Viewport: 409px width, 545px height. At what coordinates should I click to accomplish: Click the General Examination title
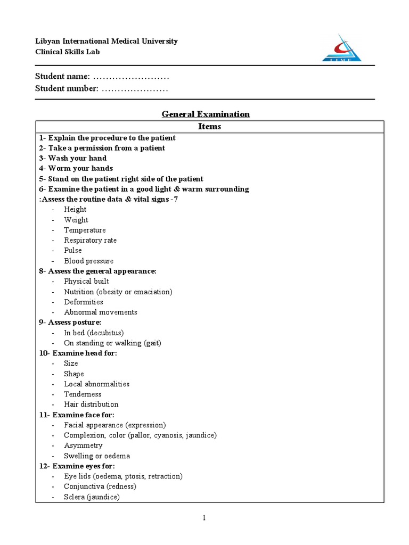206,114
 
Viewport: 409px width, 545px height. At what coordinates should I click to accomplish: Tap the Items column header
209,127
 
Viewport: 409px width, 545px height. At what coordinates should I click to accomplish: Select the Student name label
62,77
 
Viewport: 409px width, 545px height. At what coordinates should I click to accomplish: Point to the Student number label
67,88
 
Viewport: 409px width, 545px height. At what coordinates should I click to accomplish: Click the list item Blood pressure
88,261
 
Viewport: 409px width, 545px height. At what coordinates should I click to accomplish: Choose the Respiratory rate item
90,240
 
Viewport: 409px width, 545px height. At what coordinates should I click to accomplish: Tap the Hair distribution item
91,404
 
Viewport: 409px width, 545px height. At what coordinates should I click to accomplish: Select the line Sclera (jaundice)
92,497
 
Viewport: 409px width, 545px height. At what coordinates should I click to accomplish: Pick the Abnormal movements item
100,312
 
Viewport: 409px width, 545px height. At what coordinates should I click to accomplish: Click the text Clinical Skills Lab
67,52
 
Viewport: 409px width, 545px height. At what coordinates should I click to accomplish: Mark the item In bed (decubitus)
94,333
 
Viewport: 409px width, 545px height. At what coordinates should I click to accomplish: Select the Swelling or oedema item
97,456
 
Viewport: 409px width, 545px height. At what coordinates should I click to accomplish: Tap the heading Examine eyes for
77,466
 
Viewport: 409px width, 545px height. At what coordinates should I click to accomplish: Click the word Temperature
85,230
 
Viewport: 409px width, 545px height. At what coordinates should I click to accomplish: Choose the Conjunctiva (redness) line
100,486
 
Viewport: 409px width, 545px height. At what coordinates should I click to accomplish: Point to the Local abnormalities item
96,384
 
